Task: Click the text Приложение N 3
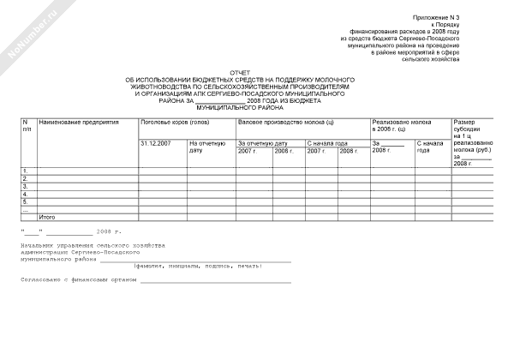[x=437, y=17]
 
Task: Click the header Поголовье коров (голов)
[x=175, y=123]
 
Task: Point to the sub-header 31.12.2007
[x=155, y=143]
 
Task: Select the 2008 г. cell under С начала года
[x=348, y=151]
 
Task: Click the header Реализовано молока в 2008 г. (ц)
[x=401, y=126]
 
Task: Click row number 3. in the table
[x=25, y=186]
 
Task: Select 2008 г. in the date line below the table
[x=110, y=232]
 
